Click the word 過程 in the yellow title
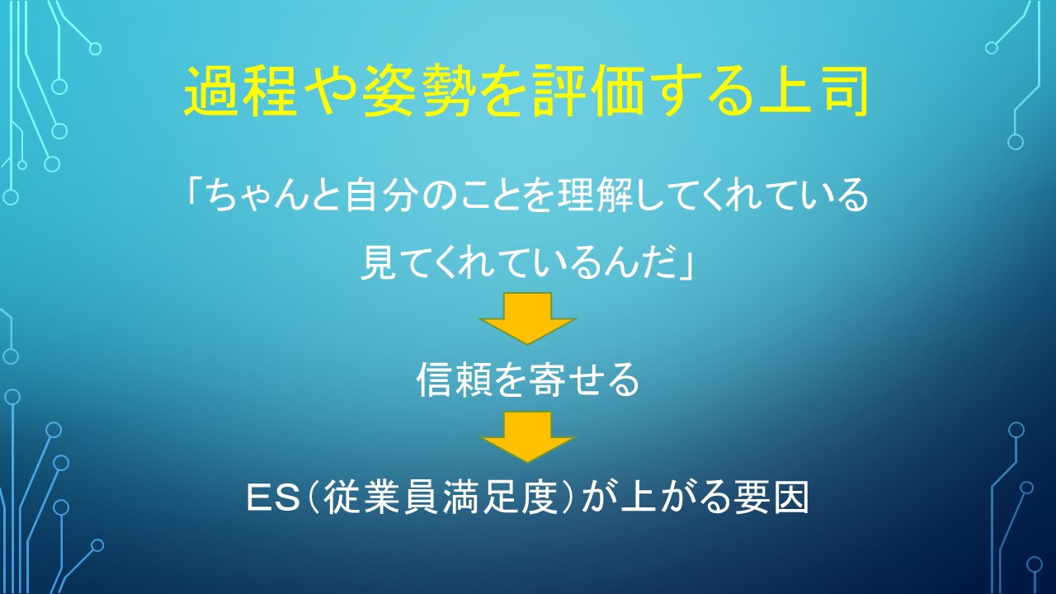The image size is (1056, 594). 240,91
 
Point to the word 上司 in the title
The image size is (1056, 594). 813,91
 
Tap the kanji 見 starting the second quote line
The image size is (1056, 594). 378,262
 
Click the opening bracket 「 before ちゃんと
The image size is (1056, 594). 195,191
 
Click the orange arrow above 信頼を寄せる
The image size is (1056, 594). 527,318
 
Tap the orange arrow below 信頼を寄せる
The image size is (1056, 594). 527,437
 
